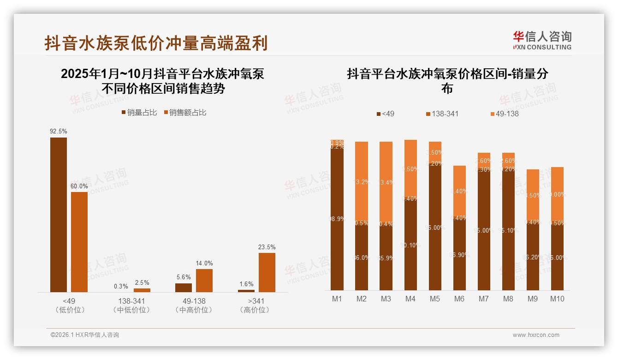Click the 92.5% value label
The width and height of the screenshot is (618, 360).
click(x=59, y=132)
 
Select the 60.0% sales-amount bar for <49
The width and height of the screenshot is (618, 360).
click(x=79, y=242)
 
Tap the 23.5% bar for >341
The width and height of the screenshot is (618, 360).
click(x=267, y=272)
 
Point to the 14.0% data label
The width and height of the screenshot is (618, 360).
click(x=204, y=264)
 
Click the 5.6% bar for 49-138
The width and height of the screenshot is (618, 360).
click(x=184, y=288)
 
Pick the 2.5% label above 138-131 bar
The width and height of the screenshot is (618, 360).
click(x=142, y=283)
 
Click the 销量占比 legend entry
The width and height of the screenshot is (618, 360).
click(x=139, y=113)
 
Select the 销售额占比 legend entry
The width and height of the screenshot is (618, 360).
click(x=184, y=113)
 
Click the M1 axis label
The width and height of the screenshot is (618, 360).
click(x=337, y=299)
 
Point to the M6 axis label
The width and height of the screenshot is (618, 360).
click(x=459, y=299)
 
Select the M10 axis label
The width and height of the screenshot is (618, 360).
click(x=557, y=299)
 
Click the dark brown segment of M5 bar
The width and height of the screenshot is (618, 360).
click(x=435, y=226)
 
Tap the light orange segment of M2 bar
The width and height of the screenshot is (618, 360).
click(x=362, y=182)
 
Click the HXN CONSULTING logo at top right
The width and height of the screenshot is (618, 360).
click(x=542, y=40)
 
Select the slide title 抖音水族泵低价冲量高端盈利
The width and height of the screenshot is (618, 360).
click(x=156, y=43)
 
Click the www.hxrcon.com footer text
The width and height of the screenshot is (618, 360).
click(x=536, y=335)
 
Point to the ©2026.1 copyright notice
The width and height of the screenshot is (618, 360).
click(x=84, y=335)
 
